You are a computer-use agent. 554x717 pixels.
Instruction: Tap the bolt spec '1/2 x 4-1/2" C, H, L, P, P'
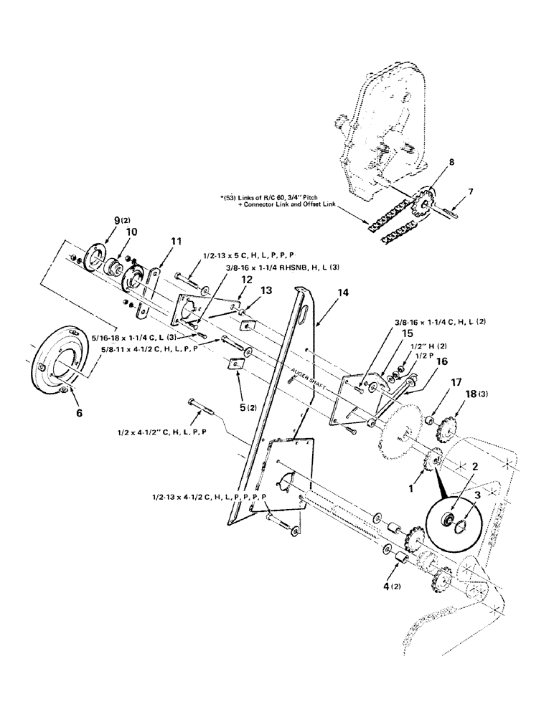coord(161,432)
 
